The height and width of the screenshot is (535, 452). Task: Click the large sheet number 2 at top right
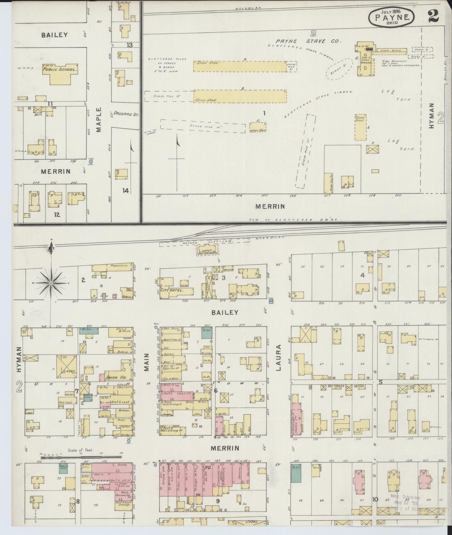click(433, 16)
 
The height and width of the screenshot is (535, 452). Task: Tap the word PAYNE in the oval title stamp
click(392, 17)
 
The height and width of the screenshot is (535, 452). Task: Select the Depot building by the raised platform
click(207, 248)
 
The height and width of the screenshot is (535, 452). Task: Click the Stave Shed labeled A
click(240, 66)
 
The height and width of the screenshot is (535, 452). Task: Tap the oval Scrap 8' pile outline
click(340, 69)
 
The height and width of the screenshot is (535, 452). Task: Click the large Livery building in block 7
click(67, 367)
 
